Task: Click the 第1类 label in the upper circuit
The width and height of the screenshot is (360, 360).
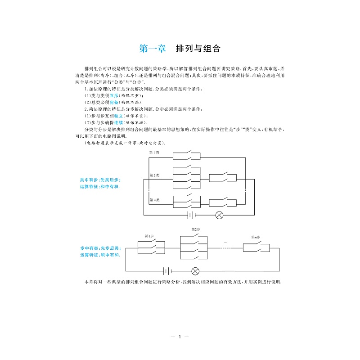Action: coord(154,152)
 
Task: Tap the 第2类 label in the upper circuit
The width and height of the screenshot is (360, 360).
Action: coord(154,175)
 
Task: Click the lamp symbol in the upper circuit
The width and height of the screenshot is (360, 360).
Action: coord(220,215)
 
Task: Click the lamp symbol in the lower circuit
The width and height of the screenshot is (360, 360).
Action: coord(195,271)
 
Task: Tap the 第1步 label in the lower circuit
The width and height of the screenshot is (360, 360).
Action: coord(149,236)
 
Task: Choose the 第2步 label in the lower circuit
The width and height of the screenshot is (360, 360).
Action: coord(196,229)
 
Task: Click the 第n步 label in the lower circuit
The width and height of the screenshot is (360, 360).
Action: coord(255,237)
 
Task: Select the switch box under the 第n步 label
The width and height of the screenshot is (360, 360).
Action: coord(256,247)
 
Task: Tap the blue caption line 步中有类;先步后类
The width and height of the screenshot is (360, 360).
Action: coord(100,248)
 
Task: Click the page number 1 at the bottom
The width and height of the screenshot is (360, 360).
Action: coord(180,337)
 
